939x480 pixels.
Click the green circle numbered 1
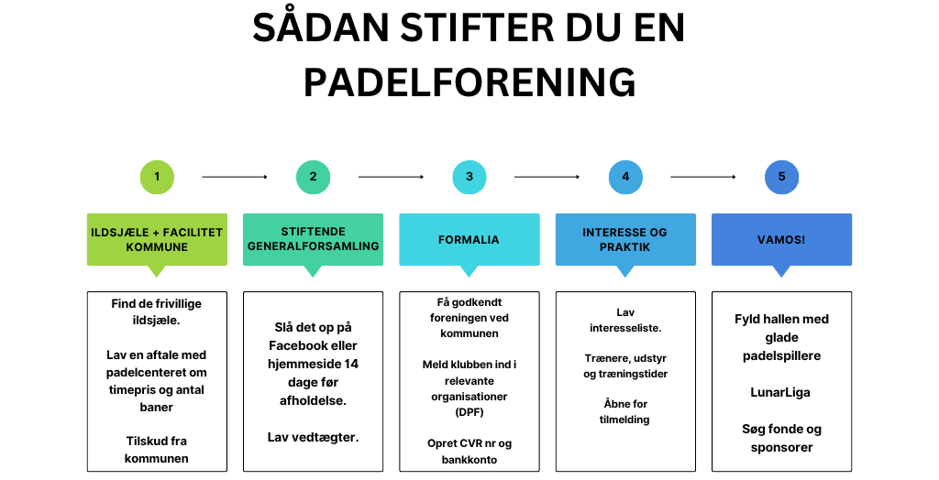[x=157, y=177]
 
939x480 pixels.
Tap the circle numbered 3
[x=469, y=177]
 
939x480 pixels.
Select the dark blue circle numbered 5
[x=781, y=177]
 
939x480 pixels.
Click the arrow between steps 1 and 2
[x=235, y=177]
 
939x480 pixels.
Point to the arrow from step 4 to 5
[x=703, y=177]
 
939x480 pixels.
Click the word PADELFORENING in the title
[x=469, y=82]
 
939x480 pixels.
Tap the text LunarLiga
[x=780, y=393]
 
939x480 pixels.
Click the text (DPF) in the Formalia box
[x=469, y=412]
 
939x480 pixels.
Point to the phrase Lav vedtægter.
[x=314, y=438]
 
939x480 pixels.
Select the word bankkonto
[x=469, y=460]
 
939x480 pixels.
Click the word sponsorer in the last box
[x=781, y=448]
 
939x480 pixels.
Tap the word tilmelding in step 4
[x=624, y=420]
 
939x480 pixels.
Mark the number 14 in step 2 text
[x=351, y=364]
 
